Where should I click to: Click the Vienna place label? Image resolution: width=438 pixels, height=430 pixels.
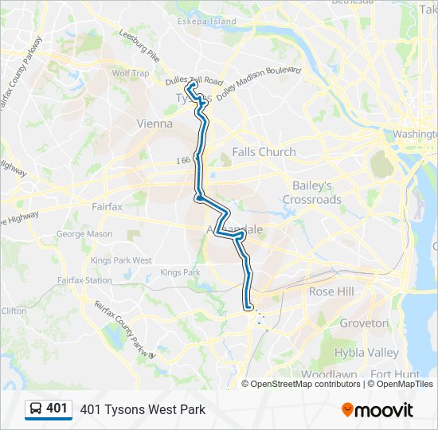(154, 123)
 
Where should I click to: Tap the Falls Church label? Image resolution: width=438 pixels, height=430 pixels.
(264, 151)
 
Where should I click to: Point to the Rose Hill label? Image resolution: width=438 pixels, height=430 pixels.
(330, 292)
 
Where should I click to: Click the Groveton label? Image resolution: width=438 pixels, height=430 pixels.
(364, 323)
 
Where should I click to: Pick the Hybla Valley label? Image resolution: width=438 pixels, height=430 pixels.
(366, 353)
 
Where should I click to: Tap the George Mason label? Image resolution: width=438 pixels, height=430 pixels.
(84, 234)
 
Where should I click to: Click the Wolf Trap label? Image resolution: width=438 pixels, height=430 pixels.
(130, 73)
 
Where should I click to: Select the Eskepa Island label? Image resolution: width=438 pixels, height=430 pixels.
(207, 21)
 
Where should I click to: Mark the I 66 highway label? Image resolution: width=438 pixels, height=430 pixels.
(183, 160)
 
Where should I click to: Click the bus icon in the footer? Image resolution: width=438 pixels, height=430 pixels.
(36, 409)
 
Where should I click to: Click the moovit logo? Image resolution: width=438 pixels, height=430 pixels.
(377, 410)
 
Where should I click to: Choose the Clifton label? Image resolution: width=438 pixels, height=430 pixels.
(14, 311)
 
